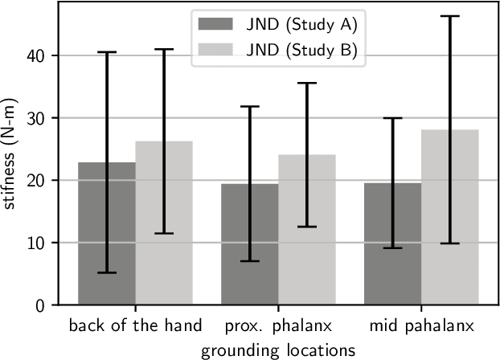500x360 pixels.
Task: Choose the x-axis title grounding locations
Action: tap(278, 350)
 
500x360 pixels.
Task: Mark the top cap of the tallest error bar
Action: tap(450, 16)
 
